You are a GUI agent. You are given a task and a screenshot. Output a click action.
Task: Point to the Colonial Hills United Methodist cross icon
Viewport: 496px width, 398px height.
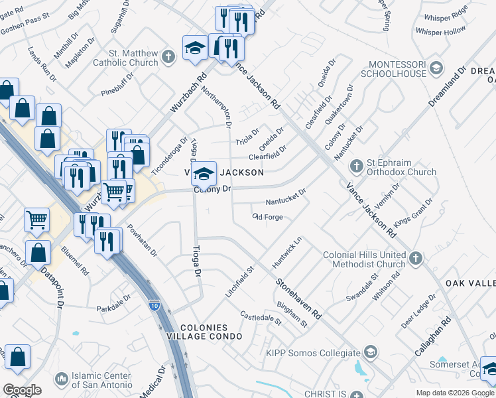click(x=416, y=258)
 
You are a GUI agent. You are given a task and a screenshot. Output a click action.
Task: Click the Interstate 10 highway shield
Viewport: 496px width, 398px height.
click(x=154, y=306)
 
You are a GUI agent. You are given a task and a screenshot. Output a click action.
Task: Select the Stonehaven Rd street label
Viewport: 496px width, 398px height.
click(x=298, y=298)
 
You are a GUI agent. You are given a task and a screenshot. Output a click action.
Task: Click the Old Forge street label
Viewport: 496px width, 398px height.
click(x=268, y=217)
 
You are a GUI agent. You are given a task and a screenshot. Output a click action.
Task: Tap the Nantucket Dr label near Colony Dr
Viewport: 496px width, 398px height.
click(x=285, y=197)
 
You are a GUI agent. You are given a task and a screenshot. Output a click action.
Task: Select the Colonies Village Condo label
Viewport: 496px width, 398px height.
click(x=204, y=332)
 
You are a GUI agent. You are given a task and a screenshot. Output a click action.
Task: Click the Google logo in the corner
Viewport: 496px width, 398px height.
click(x=22, y=390)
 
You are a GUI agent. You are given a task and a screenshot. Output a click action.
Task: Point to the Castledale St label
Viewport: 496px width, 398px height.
click(x=261, y=318)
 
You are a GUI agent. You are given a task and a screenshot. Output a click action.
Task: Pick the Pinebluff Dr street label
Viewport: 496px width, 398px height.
click(x=118, y=84)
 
